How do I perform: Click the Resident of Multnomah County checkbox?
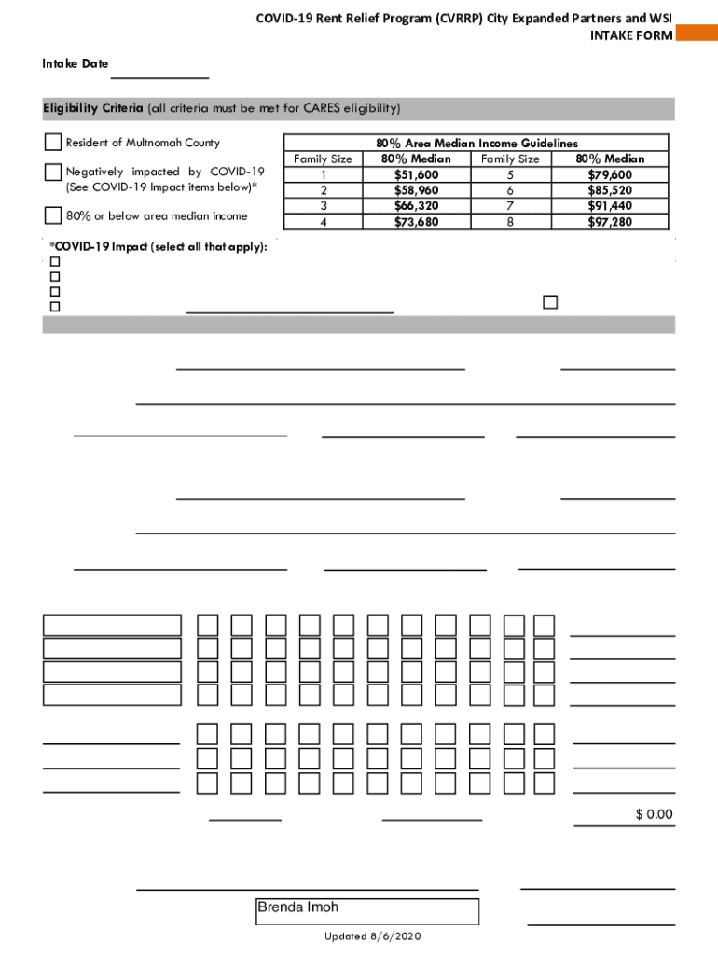click(x=53, y=143)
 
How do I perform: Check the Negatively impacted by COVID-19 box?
click(x=53, y=173)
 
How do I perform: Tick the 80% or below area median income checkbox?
click(x=53, y=215)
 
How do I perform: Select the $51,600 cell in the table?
click(x=416, y=174)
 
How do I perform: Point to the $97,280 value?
click(x=610, y=222)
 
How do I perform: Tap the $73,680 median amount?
click(x=416, y=222)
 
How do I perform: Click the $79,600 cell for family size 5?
click(x=610, y=174)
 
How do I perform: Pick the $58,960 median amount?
click(x=416, y=190)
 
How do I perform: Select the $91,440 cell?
click(x=610, y=206)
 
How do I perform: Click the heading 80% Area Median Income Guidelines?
click(x=476, y=144)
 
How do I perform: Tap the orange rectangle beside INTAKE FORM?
click(x=697, y=35)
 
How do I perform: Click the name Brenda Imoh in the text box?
click(x=298, y=907)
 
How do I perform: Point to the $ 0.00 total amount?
click(x=654, y=814)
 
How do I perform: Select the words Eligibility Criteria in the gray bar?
click(x=92, y=108)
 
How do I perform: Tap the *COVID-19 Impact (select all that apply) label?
click(x=159, y=246)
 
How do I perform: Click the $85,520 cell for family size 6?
click(x=610, y=190)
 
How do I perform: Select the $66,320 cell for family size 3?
click(x=416, y=206)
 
